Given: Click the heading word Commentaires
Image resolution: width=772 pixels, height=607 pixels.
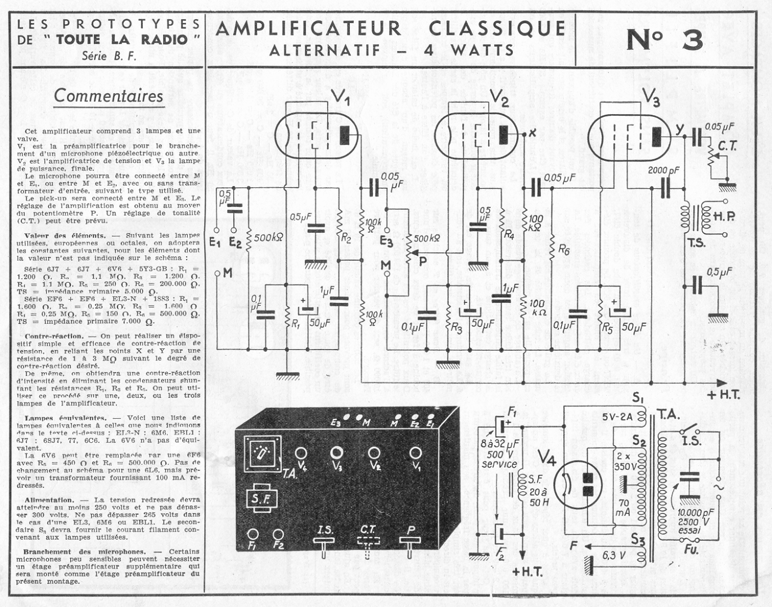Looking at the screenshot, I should click(x=109, y=96).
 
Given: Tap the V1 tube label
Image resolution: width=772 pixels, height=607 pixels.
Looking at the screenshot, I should click(x=340, y=99).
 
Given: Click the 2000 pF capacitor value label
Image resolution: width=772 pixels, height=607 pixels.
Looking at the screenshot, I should click(x=663, y=170).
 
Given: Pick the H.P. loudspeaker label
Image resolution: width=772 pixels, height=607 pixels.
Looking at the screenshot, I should click(x=724, y=217).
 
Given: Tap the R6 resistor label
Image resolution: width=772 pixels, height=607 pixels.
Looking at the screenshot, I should click(x=563, y=251).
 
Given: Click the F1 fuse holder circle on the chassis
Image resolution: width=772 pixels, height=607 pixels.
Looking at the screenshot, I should click(x=254, y=534).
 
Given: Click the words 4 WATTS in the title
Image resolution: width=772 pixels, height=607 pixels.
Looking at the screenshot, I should click(x=470, y=51).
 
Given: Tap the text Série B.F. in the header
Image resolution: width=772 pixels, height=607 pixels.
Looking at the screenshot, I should click(x=109, y=56).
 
